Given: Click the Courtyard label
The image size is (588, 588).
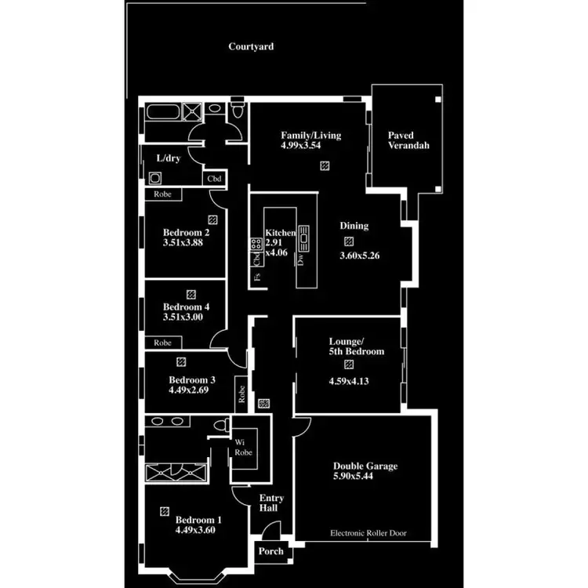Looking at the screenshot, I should coord(251,47).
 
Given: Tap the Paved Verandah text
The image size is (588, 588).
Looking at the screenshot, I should coord(408,140).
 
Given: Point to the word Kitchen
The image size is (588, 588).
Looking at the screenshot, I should coord(280,233).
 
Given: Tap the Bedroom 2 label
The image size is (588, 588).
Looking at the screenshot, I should coord(186,233).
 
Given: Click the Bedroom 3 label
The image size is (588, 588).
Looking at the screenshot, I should coord(192,380).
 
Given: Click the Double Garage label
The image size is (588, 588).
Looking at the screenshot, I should coord(365,466).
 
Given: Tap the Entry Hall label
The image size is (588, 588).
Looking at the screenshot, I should coord(271,503).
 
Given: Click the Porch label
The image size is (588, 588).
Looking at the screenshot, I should coord(270,551).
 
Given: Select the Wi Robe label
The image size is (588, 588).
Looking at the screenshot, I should coord(243,448).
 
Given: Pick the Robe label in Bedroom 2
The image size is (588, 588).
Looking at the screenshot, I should coord(163,194).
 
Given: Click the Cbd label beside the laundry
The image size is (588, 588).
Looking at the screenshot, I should coord(213,178).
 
